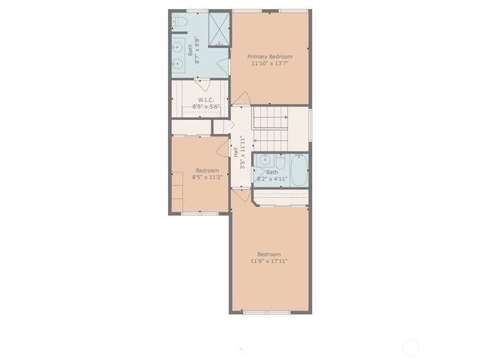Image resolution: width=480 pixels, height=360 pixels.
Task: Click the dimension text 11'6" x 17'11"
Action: pos(269,261)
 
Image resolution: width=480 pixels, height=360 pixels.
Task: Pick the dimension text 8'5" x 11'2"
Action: pos(208,177)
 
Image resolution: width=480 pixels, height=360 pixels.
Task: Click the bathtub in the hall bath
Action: pos(298,170)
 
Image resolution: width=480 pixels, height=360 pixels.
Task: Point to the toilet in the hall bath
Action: pos(280,162)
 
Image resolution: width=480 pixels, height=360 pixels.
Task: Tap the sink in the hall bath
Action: pos(265,160)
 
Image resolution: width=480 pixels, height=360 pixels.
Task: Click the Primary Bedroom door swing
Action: pos(241,98)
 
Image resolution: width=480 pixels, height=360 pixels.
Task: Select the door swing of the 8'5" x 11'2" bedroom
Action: pos(222,145)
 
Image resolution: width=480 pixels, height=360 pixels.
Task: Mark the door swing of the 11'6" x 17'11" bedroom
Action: pos(240,198)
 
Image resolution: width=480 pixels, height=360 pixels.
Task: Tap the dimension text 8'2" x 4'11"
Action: pos(271,179)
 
